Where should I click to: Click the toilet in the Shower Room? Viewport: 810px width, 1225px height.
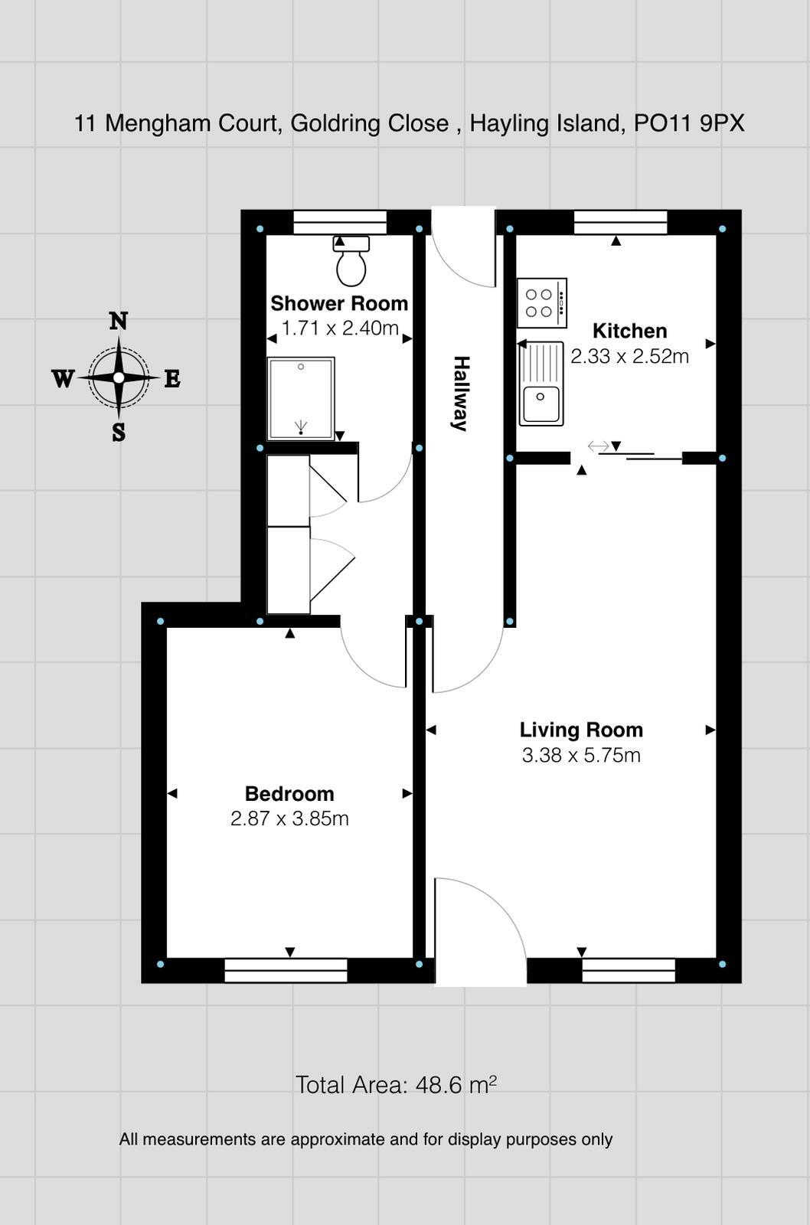tap(351, 262)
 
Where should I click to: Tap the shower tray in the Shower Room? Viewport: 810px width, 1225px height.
tap(301, 398)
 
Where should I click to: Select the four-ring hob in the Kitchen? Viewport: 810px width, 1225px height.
tap(541, 303)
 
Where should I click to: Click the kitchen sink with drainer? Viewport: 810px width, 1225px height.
tap(541, 384)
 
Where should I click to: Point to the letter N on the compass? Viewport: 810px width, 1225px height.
tap(118, 321)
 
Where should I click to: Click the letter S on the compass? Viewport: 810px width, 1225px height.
tap(119, 433)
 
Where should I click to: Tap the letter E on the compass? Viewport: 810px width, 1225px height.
tap(172, 378)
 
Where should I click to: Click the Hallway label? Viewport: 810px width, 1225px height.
tap(461, 394)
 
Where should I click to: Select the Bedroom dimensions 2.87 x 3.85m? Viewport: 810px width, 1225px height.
tap(289, 818)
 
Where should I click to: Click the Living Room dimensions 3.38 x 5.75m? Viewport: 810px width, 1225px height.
tap(581, 755)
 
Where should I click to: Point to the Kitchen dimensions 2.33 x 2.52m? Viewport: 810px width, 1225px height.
tap(629, 356)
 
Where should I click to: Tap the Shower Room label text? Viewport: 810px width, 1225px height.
tap(339, 303)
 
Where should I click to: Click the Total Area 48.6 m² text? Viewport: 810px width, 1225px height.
tap(396, 1085)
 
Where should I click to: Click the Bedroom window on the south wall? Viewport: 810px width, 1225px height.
tap(286, 971)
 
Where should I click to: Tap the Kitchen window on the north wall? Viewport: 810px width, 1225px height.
tap(620, 222)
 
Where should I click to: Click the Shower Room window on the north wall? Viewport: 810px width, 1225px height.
tap(340, 222)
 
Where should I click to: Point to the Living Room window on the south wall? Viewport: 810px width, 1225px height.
tap(629, 971)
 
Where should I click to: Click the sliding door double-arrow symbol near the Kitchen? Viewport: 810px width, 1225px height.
tap(598, 446)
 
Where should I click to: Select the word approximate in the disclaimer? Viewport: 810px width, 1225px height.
tap(338, 1139)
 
